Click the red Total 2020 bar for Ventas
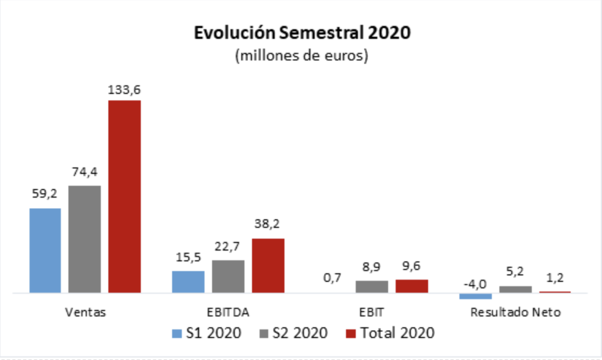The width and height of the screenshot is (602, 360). pyautogui.click(x=124, y=196)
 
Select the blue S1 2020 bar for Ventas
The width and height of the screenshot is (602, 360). pyautogui.click(x=45, y=250)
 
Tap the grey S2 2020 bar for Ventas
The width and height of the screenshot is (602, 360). pyautogui.click(x=85, y=239)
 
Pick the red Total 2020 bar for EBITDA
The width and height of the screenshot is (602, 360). pyautogui.click(x=268, y=265)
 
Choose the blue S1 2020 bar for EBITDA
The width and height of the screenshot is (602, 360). pyautogui.click(x=188, y=281)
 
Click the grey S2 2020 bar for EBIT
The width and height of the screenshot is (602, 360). pyautogui.click(x=372, y=286)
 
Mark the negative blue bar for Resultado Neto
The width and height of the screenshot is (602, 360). pyautogui.click(x=476, y=296)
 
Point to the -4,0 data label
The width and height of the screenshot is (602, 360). pyautogui.click(x=476, y=284)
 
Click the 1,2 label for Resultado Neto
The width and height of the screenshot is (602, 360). pyautogui.click(x=555, y=276)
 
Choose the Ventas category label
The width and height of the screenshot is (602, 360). pyautogui.click(x=85, y=312)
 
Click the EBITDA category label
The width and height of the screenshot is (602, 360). pyautogui.click(x=228, y=312)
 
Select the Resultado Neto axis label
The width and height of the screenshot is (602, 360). pyautogui.click(x=516, y=312)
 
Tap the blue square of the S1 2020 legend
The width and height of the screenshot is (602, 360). pyautogui.click(x=176, y=333)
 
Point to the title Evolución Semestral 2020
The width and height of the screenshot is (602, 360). pyautogui.click(x=302, y=32)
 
